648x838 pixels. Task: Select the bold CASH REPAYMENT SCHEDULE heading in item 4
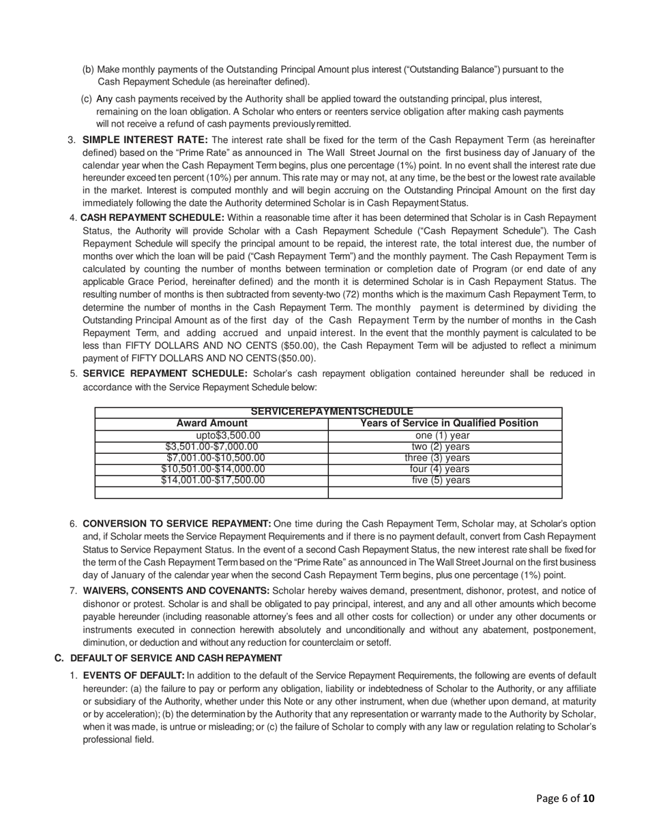click(x=152, y=217)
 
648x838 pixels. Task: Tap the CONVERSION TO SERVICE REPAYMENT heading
click(x=177, y=524)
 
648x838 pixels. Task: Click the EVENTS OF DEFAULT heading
click(x=134, y=676)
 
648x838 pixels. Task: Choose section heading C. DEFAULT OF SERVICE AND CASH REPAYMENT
click(x=168, y=658)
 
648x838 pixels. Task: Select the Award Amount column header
click(x=211, y=424)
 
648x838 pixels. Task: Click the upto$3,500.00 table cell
click(x=228, y=436)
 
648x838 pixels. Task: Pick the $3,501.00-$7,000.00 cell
click(x=211, y=447)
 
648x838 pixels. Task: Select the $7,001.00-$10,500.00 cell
click(x=216, y=458)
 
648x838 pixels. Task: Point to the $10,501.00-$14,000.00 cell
click(x=213, y=469)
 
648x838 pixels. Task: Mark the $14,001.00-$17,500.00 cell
click(x=213, y=480)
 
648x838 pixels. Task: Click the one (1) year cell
click(x=442, y=436)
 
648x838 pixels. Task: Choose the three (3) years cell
click(x=437, y=458)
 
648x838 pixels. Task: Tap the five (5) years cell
click(x=441, y=480)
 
